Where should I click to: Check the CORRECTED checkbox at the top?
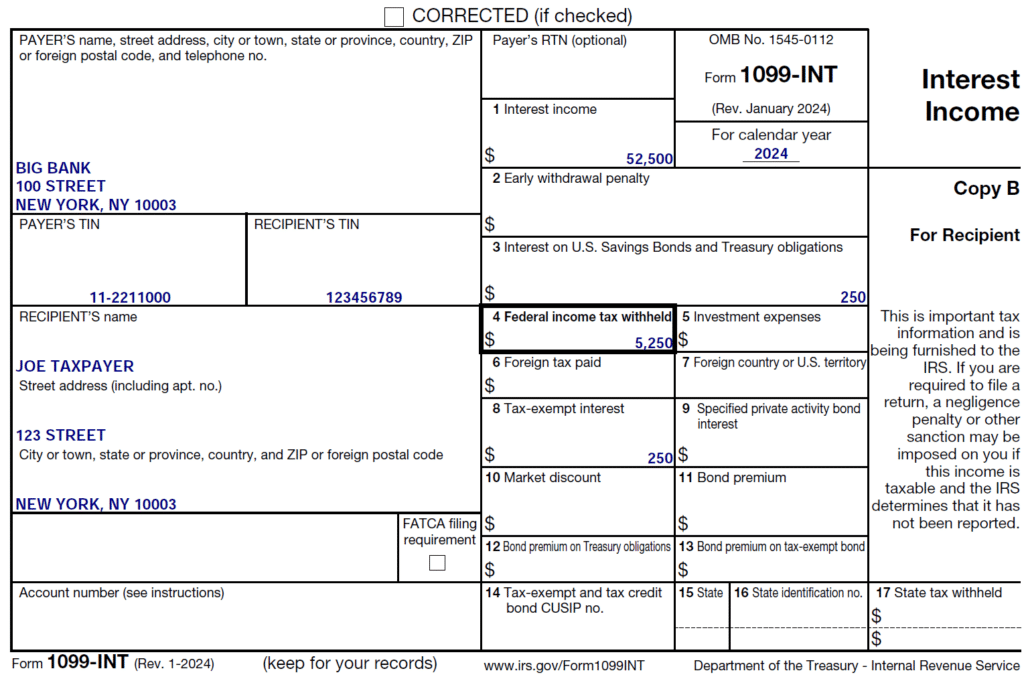click(x=394, y=16)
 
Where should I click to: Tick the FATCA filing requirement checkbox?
click(x=437, y=562)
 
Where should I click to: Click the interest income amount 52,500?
click(x=649, y=159)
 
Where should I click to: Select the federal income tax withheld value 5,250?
click(x=654, y=343)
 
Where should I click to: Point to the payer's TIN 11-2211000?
click(x=130, y=297)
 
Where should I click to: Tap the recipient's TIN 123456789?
click(x=364, y=297)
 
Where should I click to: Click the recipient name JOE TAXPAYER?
click(x=75, y=366)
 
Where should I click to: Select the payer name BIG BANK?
click(x=53, y=168)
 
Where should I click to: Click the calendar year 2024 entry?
click(x=771, y=154)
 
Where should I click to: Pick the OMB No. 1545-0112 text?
click(x=771, y=40)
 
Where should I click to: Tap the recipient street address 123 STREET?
click(x=60, y=435)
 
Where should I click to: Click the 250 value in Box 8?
click(x=660, y=458)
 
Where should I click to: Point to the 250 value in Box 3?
click(x=853, y=297)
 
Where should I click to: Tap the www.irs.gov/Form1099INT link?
click(x=563, y=665)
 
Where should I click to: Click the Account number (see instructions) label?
click(x=122, y=592)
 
